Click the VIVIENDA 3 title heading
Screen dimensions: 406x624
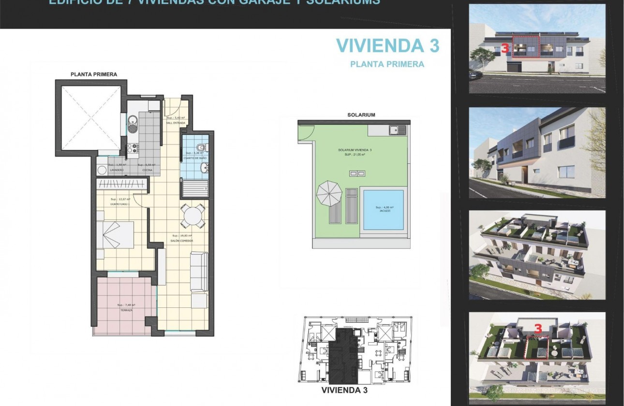click(387, 45)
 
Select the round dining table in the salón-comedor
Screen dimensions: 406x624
click(193, 216)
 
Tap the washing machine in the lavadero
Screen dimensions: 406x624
click(102, 170)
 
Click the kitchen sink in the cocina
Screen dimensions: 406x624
click(132, 120)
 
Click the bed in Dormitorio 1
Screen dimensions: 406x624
click(116, 234)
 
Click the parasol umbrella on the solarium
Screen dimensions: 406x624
click(329, 194)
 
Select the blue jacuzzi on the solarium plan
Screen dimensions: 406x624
click(383, 210)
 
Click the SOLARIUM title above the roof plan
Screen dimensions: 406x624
click(361, 115)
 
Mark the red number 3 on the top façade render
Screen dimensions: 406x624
click(505, 48)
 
